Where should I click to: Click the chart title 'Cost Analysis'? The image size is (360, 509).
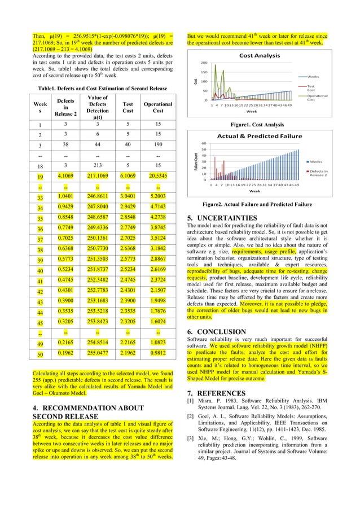[260, 56]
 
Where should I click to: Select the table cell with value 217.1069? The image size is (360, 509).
[98, 177]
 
